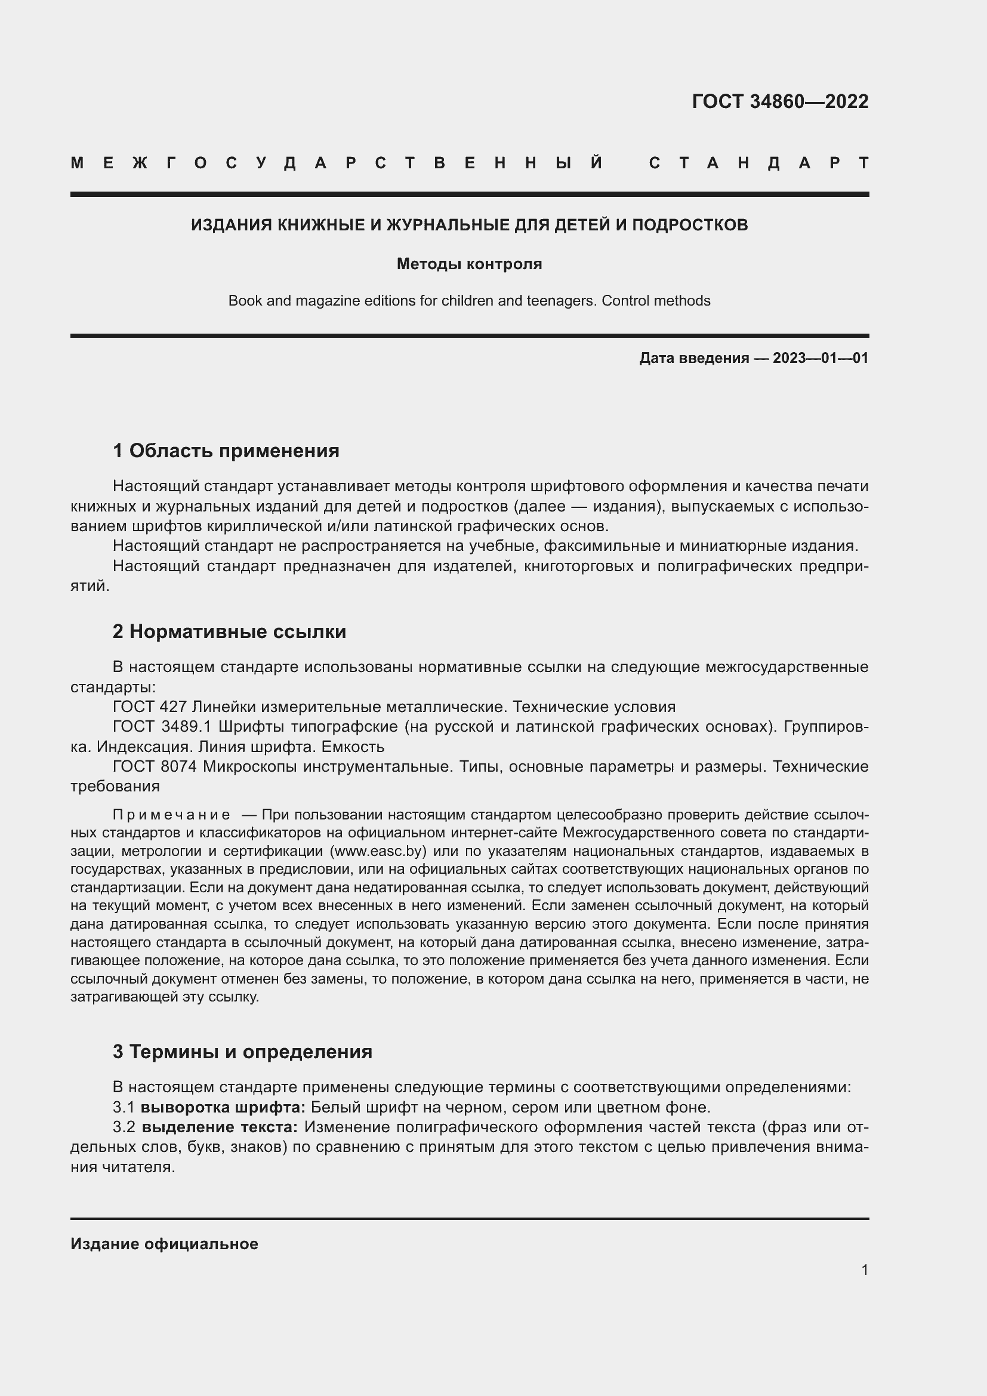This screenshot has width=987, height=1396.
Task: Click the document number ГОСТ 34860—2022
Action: (x=780, y=101)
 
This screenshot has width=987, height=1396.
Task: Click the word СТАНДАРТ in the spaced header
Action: (x=759, y=164)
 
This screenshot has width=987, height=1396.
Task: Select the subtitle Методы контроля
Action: (x=469, y=264)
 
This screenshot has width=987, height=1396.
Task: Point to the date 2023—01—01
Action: (x=821, y=358)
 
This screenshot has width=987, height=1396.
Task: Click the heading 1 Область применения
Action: (x=226, y=451)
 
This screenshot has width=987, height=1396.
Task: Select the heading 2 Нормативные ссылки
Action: (x=229, y=631)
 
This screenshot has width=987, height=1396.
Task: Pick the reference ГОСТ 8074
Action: (x=155, y=766)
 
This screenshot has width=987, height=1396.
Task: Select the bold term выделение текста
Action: (x=220, y=1127)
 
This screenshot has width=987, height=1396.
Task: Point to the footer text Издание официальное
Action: (x=164, y=1244)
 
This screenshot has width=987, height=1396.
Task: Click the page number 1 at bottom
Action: (x=864, y=1269)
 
